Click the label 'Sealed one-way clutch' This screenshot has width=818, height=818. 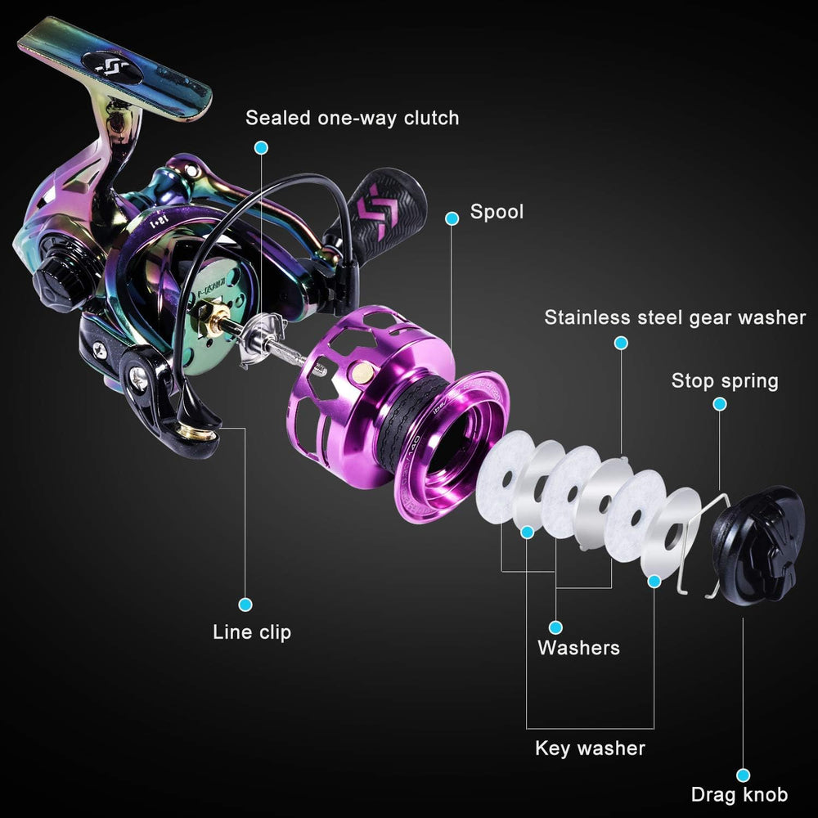tap(352, 118)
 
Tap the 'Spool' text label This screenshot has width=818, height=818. tap(497, 212)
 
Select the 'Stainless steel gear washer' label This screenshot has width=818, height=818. tap(675, 317)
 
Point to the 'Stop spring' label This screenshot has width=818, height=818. tap(725, 381)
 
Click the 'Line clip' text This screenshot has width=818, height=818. tap(252, 631)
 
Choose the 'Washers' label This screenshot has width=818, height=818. tap(578, 647)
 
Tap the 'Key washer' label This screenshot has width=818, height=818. tap(590, 748)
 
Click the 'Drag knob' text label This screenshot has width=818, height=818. tap(739, 794)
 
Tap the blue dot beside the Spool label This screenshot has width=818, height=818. tap(452, 218)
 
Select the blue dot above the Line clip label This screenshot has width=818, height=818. tap(245, 605)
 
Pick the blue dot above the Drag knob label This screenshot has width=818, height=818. tap(743, 775)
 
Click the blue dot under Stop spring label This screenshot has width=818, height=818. tap(720, 404)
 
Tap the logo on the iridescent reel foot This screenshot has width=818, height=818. tap(113, 67)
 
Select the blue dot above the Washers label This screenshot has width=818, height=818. tap(556, 627)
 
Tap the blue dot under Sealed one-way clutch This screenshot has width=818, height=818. tap(262, 147)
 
